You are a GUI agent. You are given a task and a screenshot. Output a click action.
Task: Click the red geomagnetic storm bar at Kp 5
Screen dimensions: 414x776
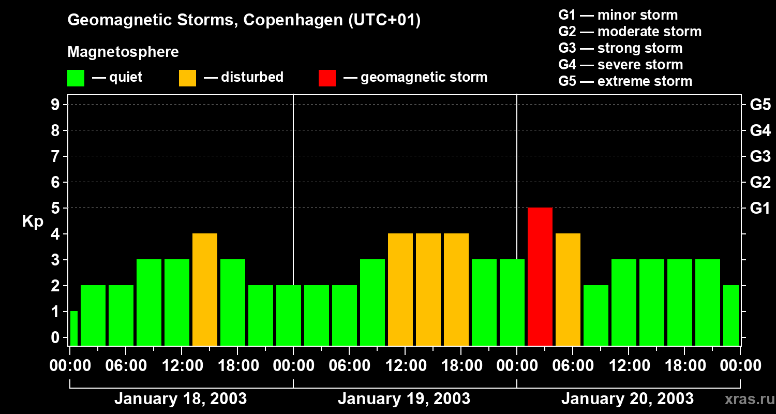click(x=540, y=276)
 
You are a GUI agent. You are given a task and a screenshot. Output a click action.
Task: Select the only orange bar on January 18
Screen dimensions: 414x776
click(x=204, y=289)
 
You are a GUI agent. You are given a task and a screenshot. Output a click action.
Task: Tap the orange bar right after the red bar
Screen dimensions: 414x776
click(x=568, y=289)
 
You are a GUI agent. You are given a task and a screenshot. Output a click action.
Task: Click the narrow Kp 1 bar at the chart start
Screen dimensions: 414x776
click(x=73, y=328)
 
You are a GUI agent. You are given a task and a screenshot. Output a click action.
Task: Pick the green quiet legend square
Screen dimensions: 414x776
click(x=76, y=78)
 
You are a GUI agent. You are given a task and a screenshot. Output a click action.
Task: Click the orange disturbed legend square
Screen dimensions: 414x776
click(x=187, y=78)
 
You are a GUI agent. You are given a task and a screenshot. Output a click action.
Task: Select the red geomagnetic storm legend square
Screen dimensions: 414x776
click(x=327, y=78)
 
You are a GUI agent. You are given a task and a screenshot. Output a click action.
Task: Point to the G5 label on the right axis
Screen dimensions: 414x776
click(x=760, y=105)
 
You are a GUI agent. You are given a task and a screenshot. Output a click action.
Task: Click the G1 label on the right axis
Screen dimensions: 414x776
click(x=760, y=209)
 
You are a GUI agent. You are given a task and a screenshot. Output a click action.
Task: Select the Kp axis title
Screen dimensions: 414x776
click(x=33, y=221)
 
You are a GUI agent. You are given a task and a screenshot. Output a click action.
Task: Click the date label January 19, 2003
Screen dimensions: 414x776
click(x=404, y=399)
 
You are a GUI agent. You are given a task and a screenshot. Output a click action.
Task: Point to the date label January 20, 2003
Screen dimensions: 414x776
click(x=628, y=399)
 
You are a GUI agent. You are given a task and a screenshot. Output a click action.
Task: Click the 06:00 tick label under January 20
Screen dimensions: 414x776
click(x=572, y=366)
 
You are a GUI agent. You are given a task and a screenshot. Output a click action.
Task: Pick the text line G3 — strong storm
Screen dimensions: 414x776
click(x=620, y=48)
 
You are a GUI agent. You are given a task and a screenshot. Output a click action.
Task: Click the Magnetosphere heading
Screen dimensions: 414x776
click(x=123, y=52)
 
